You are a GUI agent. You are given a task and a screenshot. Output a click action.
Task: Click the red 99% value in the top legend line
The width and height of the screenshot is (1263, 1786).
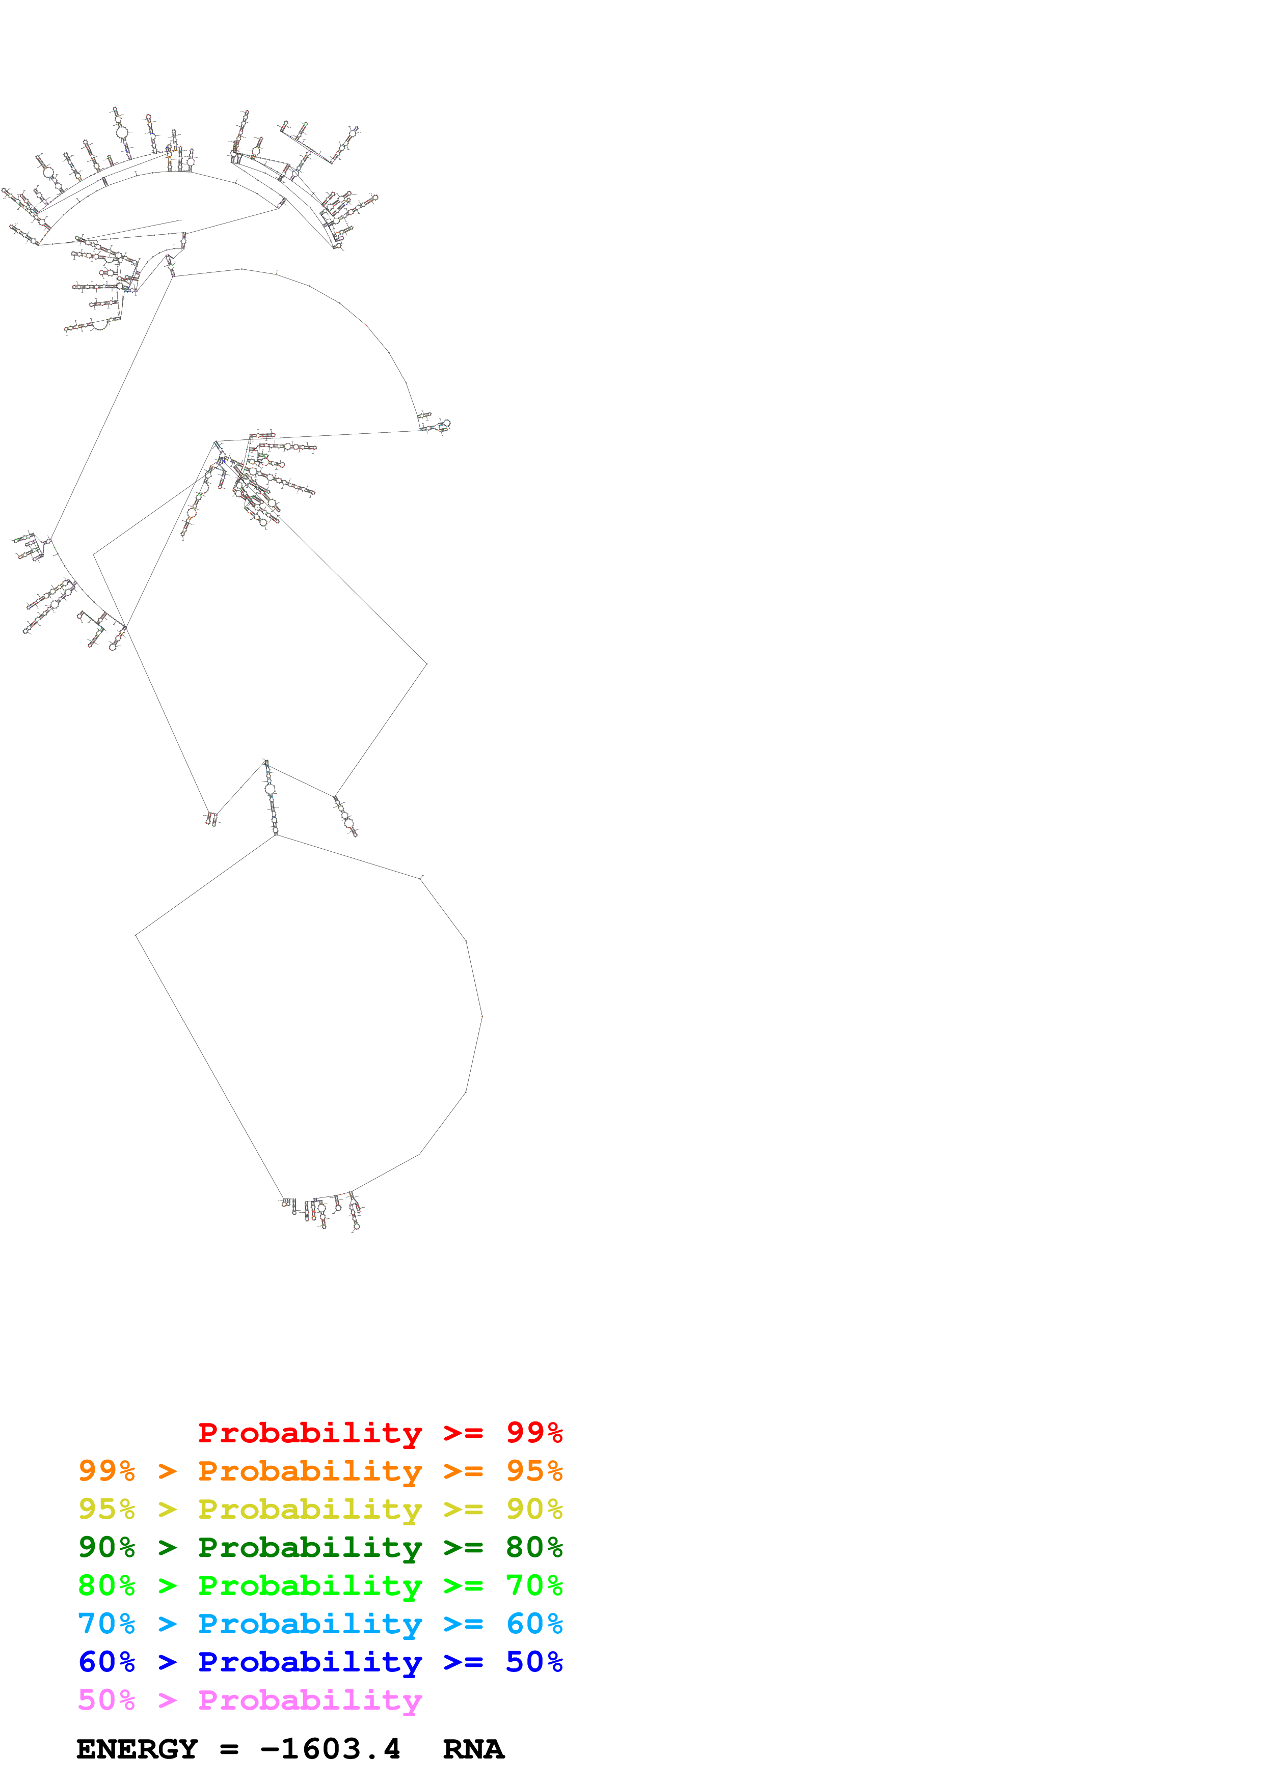534,1432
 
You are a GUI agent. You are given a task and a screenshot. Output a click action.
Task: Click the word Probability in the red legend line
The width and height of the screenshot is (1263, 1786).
310,1432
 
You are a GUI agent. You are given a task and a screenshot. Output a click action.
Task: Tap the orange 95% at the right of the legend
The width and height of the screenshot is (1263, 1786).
534,1470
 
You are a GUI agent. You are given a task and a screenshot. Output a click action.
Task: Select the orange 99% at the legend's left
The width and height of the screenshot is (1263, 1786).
106,1470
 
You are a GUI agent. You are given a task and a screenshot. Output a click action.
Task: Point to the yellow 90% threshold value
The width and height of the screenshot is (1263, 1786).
534,1509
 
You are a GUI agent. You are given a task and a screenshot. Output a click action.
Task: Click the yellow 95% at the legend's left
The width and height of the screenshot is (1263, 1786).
106,1509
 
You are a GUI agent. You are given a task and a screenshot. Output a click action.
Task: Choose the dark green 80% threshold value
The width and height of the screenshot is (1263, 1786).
534,1546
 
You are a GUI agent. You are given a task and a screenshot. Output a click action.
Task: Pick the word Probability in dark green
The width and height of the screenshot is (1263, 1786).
310,1546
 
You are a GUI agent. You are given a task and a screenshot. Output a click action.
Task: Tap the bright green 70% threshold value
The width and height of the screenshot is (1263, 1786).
534,1584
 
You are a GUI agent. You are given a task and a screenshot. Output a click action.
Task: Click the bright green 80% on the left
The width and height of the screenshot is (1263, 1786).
106,1584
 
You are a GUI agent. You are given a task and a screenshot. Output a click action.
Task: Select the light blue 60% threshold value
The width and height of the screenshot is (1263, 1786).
534,1623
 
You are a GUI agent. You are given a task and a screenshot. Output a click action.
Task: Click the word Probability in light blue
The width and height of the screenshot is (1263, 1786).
310,1623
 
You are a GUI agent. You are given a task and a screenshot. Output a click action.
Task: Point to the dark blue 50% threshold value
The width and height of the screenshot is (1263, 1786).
534,1661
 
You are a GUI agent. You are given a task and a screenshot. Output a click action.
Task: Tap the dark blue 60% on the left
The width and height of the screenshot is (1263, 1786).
106,1661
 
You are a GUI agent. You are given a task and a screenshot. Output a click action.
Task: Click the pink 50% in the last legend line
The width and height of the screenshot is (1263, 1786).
106,1699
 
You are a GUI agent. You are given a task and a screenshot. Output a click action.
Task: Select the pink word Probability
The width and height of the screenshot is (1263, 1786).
310,1699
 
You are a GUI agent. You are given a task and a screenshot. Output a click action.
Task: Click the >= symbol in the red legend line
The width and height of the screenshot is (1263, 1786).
463,1432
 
